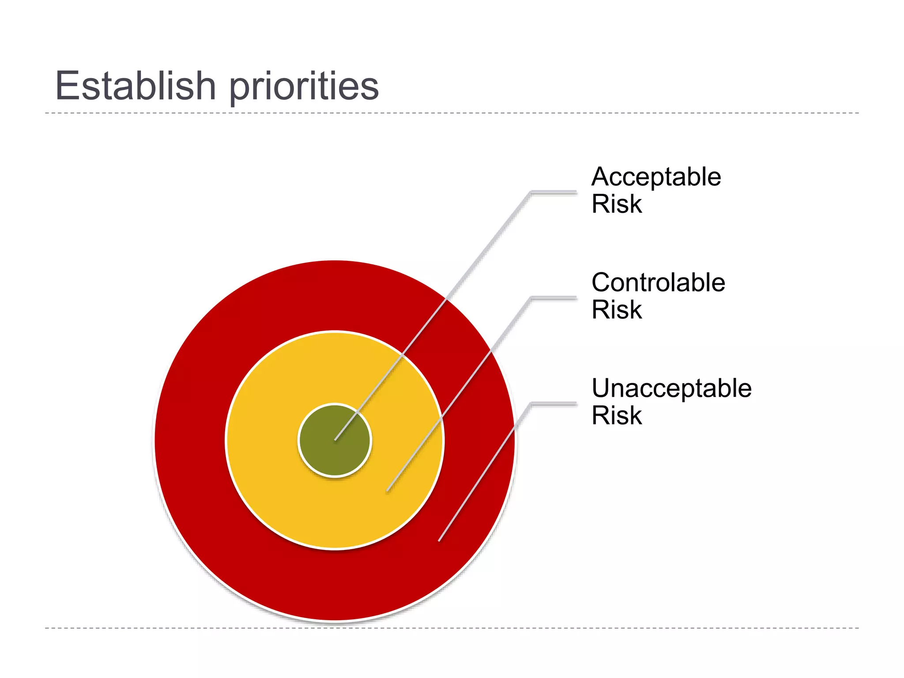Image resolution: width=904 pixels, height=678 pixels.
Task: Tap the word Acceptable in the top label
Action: (656, 177)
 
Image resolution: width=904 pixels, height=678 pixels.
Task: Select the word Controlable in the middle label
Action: (658, 282)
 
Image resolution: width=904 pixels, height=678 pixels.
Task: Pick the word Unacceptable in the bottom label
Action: (671, 388)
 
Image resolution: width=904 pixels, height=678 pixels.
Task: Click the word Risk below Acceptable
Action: (617, 204)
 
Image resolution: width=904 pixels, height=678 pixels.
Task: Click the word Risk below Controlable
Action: (617, 309)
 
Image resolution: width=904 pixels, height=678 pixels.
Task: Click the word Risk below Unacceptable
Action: (617, 415)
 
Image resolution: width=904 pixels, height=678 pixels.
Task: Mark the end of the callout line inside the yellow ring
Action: (388, 490)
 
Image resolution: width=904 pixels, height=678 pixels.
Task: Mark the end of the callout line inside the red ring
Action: (439, 540)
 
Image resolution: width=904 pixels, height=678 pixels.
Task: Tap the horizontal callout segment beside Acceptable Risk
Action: (554, 192)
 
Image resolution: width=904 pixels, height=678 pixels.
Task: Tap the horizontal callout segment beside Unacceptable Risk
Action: (554, 403)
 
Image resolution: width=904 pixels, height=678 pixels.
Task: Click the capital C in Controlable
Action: (602, 282)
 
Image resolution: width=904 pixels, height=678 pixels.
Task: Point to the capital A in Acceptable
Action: (602, 177)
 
